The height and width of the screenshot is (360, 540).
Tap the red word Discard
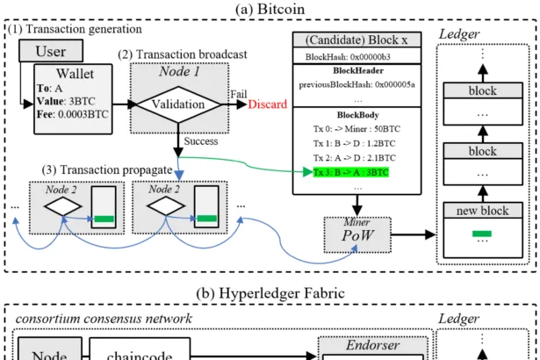click(268, 104)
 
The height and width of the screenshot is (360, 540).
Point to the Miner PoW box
click(356, 235)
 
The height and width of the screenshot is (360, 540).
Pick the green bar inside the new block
click(479, 234)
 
